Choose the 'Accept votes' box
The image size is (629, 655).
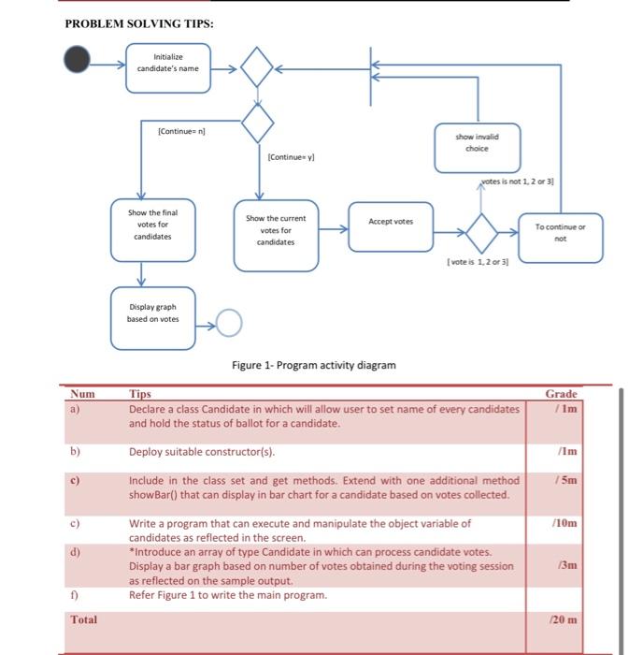point(391,223)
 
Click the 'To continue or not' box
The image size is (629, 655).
point(560,233)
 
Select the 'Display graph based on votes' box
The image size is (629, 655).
point(152,313)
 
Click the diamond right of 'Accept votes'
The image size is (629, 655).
point(481,233)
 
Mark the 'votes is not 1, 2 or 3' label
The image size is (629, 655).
point(517,181)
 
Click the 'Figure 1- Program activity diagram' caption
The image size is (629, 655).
point(313,365)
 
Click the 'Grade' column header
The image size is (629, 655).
point(561,394)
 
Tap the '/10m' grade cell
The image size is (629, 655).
point(565,523)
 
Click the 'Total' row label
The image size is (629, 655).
point(84,619)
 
